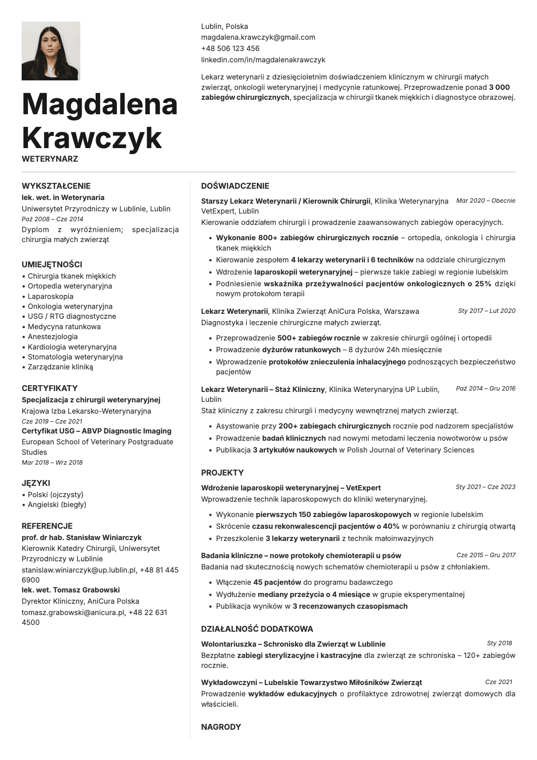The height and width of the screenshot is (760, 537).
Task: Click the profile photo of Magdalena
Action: [51, 51]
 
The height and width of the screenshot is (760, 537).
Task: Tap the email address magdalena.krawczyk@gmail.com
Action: [258, 37]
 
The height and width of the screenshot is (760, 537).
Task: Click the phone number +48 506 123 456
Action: [230, 48]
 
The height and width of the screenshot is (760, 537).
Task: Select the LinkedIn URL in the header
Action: [263, 60]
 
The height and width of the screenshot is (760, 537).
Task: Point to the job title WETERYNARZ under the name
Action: [50, 159]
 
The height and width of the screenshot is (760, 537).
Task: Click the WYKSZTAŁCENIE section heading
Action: [56, 186]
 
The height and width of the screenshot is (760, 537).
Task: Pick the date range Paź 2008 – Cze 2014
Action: [52, 219]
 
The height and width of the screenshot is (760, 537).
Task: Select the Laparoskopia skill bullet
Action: [51, 296]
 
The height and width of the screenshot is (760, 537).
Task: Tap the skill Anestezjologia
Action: [52, 336]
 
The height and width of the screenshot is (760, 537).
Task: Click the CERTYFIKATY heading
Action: [50, 388]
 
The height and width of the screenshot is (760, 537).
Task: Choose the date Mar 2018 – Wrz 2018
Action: [52, 462]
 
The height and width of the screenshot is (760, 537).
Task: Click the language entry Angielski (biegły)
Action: [57, 504]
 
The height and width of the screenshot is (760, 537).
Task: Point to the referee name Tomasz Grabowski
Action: [86, 590]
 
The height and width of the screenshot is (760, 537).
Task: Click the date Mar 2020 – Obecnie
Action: [486, 200]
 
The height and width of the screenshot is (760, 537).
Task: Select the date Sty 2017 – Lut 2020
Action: [486, 311]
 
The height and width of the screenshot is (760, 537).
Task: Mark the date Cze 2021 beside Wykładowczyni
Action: [499, 682]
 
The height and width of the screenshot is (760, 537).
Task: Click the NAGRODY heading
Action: [221, 727]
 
